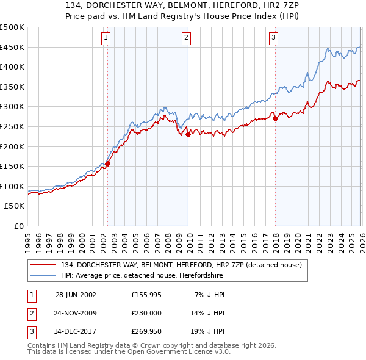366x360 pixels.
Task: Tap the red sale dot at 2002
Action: click(x=108, y=164)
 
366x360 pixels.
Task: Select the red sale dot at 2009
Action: click(x=188, y=135)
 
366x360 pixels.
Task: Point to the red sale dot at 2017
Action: click(x=275, y=119)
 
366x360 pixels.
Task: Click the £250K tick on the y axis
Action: click(x=12, y=126)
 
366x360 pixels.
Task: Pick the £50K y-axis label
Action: click(x=15, y=206)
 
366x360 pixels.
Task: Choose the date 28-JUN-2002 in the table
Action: click(x=76, y=295)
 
